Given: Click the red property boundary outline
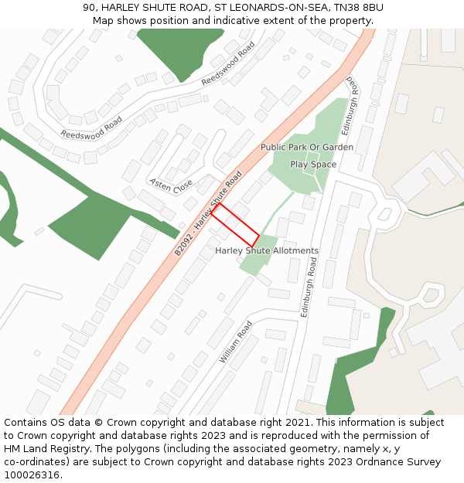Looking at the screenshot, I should coord(235,225).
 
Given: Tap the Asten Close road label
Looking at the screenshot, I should coord(171,185).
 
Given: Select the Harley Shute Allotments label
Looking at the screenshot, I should coord(267,251).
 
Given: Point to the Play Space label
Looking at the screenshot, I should coord(313,165).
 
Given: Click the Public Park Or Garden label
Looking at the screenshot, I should coord(307,148).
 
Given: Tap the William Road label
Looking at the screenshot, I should coord(236,342).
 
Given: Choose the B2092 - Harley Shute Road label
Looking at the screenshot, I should coord(208,213).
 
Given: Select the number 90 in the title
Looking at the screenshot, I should coord(90,8).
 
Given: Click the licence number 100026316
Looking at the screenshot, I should coord(32,475).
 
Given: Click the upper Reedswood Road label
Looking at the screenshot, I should coord(228,64).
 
